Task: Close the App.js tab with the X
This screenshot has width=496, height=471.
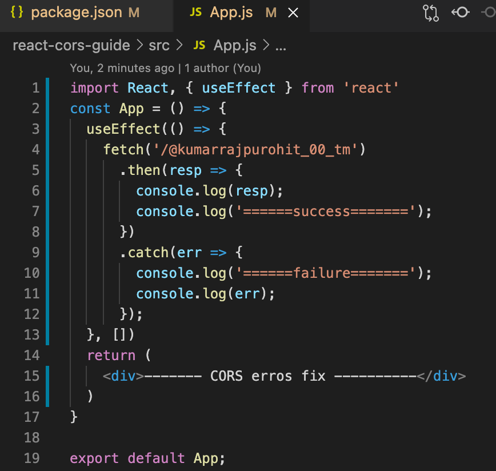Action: click(x=293, y=13)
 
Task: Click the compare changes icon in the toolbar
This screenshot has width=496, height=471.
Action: click(x=430, y=13)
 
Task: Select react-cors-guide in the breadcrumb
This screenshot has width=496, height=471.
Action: click(x=71, y=46)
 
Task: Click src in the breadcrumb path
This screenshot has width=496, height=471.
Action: click(x=159, y=46)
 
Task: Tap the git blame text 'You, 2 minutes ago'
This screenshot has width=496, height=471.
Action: click(x=122, y=68)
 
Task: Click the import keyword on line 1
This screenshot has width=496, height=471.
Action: click(x=94, y=88)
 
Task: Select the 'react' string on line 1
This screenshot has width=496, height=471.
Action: click(x=371, y=88)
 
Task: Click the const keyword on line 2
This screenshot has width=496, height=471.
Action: click(x=90, y=109)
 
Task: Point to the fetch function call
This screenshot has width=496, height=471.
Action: click(x=123, y=150)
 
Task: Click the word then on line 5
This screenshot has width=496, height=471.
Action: click(x=144, y=170)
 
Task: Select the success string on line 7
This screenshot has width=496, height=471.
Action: click(x=326, y=211)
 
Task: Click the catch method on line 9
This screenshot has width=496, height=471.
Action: click(x=148, y=253)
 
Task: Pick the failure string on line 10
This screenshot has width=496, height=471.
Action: click(x=326, y=273)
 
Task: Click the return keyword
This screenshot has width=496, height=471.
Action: click(x=111, y=355)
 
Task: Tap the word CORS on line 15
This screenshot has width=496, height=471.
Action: click(x=226, y=376)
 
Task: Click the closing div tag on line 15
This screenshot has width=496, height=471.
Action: click(x=441, y=376)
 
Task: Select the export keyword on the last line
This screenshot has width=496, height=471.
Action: click(x=94, y=458)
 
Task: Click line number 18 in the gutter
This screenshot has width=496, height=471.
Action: click(x=31, y=438)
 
